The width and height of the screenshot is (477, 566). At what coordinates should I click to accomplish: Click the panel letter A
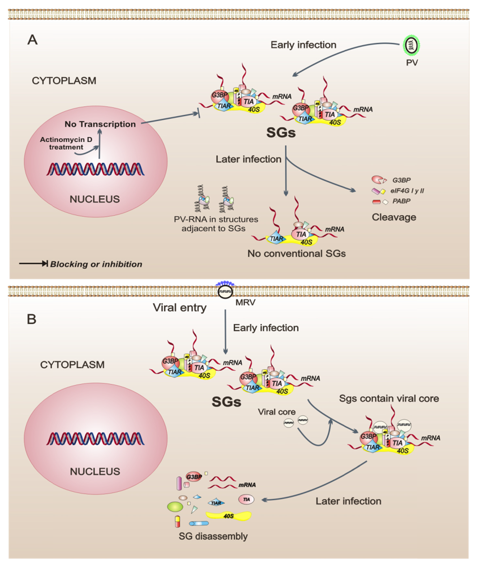coord(32,40)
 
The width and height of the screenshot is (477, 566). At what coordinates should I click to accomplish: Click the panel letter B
coord(32,319)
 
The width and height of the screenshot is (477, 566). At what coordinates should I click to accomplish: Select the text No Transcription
coord(100,124)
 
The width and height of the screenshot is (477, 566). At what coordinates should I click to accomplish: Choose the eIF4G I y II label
coord(407,191)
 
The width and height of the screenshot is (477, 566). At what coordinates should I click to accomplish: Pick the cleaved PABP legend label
coord(401,201)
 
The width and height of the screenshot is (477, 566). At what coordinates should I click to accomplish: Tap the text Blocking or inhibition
coord(96,264)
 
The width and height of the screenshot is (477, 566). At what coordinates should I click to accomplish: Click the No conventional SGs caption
coord(296,253)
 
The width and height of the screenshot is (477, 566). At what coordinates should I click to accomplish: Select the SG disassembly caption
coord(213,536)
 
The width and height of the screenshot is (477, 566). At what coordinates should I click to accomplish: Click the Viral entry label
coord(180,308)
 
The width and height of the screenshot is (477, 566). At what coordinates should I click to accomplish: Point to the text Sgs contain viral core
coord(389,399)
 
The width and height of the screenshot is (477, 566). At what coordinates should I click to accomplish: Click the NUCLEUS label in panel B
coord(95,472)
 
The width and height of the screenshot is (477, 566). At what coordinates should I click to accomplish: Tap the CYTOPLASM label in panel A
coord(64,81)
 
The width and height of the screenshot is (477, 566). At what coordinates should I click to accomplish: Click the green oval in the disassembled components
coord(175,507)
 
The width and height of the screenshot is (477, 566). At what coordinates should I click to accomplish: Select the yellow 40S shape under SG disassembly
coord(229,516)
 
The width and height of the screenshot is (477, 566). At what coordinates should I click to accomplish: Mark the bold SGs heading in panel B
coord(226,402)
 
